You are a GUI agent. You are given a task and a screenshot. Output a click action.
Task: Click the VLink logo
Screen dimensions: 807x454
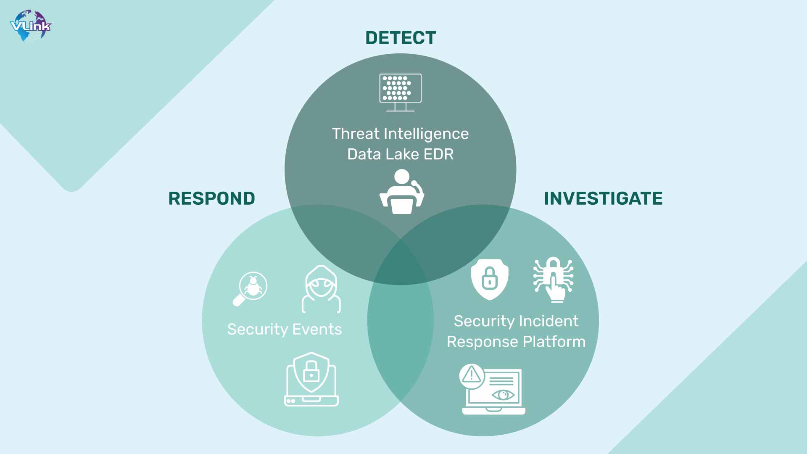pyautogui.click(x=31, y=26)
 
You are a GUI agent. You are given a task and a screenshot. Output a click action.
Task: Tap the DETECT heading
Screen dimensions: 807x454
pyautogui.click(x=401, y=38)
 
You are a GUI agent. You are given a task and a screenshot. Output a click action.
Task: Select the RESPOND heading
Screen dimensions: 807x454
pyautogui.click(x=212, y=198)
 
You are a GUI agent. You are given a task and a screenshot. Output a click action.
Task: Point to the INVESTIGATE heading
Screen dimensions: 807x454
pyautogui.click(x=603, y=198)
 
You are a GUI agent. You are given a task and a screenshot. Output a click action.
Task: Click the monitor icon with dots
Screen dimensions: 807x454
pyautogui.click(x=400, y=92)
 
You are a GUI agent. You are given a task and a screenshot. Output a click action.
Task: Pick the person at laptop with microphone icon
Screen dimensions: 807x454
pyautogui.click(x=402, y=192)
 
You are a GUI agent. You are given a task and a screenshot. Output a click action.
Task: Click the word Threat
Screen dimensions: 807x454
pyautogui.click(x=356, y=134)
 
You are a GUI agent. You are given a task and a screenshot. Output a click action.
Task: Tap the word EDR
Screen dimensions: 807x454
pyautogui.click(x=438, y=154)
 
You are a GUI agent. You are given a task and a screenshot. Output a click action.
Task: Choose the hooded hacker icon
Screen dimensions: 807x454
pyautogui.click(x=321, y=289)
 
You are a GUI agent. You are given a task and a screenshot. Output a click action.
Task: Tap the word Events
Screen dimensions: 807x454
pyautogui.click(x=317, y=329)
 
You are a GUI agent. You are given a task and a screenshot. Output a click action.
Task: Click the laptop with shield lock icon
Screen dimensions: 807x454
pyautogui.click(x=311, y=379)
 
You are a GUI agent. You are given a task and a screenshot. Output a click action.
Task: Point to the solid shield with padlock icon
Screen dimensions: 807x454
pyautogui.click(x=490, y=279)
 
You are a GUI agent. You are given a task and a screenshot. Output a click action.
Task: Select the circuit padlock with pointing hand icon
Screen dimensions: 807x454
pyautogui.click(x=554, y=280)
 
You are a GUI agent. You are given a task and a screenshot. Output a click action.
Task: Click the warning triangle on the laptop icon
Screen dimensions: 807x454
pyautogui.click(x=472, y=375)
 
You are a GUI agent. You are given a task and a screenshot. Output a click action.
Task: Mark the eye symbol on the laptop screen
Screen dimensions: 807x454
pyautogui.click(x=503, y=395)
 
